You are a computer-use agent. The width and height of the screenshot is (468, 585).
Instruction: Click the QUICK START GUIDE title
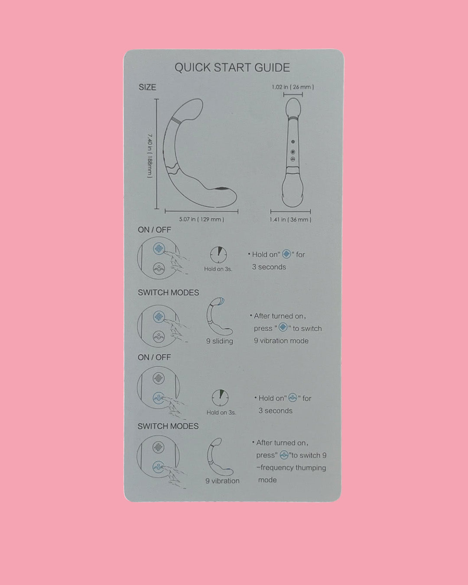tap(232, 68)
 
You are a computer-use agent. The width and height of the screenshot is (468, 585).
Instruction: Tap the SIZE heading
tap(147, 87)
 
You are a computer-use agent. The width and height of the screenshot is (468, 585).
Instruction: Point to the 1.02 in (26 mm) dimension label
tap(292, 87)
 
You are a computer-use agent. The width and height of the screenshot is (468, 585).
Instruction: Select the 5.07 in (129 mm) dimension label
tap(201, 219)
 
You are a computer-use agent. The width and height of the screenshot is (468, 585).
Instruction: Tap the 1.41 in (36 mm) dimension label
tap(290, 220)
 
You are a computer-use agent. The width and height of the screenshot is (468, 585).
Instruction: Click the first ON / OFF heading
tap(154, 230)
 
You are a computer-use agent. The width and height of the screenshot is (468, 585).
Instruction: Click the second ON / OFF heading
tap(154, 357)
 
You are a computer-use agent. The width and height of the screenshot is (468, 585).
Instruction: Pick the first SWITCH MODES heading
tap(168, 292)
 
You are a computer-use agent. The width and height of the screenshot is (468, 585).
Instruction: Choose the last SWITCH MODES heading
tap(168, 426)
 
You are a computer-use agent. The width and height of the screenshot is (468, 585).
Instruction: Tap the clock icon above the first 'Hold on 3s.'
tap(218, 255)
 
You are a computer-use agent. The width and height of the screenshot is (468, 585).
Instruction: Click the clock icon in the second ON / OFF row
tap(220, 398)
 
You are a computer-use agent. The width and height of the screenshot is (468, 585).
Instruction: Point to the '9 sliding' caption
tap(219, 341)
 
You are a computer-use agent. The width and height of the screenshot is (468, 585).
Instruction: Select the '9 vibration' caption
tap(222, 481)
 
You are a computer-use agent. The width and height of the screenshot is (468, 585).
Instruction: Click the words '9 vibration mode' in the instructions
tap(281, 341)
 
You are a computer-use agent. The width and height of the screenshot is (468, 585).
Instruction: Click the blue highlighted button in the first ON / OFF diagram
tap(159, 249)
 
